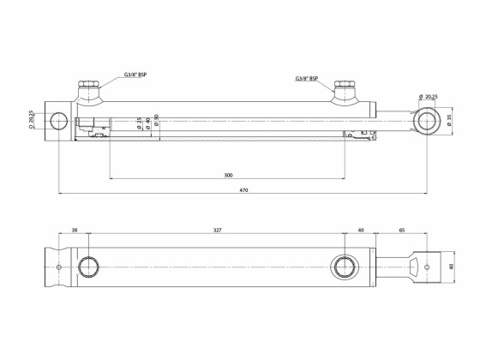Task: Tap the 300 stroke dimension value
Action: click(x=228, y=175)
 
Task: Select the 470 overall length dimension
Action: click(x=243, y=189)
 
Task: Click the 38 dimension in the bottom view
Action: click(x=75, y=231)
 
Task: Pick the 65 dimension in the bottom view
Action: click(x=402, y=231)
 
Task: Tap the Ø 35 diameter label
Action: click(x=449, y=122)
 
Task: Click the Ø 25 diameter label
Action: click(x=140, y=126)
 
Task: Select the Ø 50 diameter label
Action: click(x=156, y=126)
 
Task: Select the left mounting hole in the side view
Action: click(x=59, y=121)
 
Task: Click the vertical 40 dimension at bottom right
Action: click(x=451, y=266)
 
